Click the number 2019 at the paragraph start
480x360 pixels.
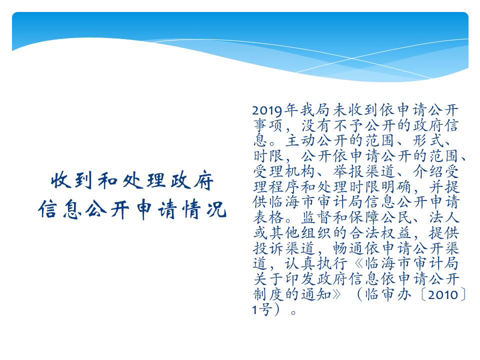267,110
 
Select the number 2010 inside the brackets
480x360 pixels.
443,294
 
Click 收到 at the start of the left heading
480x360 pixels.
71,180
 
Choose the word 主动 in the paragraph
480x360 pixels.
300,140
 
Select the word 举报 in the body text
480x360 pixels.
348,171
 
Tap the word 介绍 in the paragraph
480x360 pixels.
427,171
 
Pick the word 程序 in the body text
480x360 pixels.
284,186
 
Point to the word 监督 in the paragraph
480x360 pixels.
316,217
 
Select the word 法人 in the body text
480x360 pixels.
443,217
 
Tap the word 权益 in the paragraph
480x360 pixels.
396,232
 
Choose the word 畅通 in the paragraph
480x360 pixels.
348,248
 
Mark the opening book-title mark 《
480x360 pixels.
357,263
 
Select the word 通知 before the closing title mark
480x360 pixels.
316,294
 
